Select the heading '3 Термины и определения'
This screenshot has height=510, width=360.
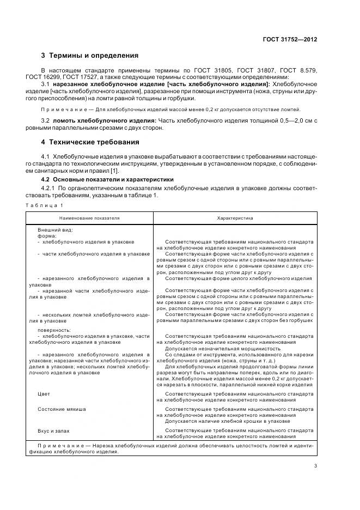(90, 56)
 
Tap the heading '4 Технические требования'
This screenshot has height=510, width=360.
(90, 142)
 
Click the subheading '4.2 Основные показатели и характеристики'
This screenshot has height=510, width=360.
(107, 179)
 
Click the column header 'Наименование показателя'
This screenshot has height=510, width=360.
(89, 217)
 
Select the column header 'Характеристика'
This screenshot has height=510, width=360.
(235, 217)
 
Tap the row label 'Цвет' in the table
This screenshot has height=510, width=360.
(44, 393)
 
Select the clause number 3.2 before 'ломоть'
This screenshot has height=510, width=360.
(46, 120)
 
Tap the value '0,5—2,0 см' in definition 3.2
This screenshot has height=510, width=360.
(292, 120)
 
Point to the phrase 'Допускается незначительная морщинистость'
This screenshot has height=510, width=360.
(223, 349)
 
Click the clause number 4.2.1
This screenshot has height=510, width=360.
(50, 188)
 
